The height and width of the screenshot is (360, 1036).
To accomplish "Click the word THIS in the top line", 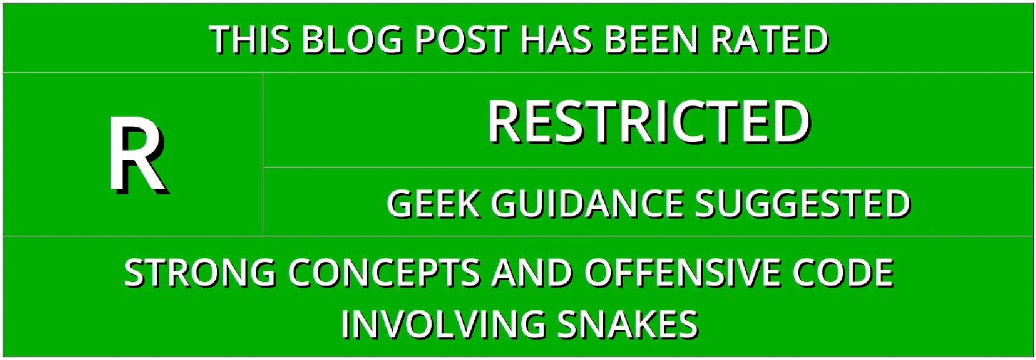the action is pos(250,40).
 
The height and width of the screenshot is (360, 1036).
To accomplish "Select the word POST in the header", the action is pos(461,40).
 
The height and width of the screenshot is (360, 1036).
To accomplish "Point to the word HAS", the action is pos(556,40).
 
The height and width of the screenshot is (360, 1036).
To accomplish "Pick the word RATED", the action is pos(769,40).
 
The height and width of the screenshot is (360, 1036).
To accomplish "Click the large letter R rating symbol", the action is pos(139,155).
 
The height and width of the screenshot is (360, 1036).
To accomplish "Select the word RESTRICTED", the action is pos(649,122).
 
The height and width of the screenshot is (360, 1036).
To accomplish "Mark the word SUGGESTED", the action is pos(803,204).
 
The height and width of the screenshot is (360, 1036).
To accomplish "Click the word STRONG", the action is pos(200,273).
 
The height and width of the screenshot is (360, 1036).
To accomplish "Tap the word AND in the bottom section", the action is pos(532,273).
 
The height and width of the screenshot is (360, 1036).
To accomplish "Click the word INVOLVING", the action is pos(443,324).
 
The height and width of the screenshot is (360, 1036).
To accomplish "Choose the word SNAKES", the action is pos(628,324).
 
